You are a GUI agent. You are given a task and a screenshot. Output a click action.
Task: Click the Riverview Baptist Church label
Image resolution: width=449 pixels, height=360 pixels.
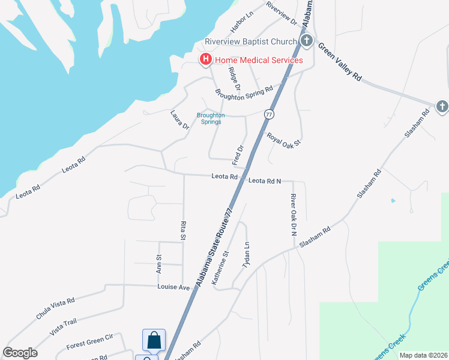click(251, 41)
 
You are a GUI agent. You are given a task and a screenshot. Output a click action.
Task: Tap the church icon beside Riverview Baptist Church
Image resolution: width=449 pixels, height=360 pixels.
click(307, 41)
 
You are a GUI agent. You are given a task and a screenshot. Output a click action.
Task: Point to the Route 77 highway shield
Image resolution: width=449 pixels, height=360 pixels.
click(268, 114)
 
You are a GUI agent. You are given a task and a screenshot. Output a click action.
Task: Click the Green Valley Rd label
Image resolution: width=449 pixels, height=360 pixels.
click(340, 62)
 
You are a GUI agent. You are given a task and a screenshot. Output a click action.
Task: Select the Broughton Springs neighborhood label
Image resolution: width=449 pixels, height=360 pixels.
click(211, 118)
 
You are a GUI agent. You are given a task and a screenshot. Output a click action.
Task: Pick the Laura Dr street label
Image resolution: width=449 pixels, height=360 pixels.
click(179, 119)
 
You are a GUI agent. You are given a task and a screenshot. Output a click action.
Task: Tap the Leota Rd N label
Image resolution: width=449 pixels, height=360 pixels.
click(265, 180)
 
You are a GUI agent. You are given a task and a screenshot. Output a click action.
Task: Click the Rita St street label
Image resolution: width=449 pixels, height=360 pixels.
click(183, 230)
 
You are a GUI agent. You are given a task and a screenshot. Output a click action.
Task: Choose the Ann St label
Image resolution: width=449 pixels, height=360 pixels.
click(159, 264)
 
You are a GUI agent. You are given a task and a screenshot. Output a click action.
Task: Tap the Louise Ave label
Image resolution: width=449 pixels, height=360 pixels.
click(173, 287)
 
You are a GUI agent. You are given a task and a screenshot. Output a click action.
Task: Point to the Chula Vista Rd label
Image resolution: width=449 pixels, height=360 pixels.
click(55, 307)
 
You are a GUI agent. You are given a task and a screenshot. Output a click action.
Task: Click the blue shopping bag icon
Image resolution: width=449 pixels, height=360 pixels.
click(154, 340)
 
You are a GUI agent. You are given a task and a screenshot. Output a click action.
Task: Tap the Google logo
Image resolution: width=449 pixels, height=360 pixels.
click(20, 353)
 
